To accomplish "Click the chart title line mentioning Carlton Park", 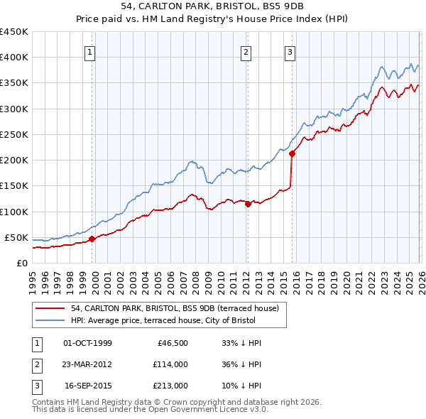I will pos(213,6).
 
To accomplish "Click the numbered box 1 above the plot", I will pos(92,51).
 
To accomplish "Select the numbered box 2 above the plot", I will pos(246,51).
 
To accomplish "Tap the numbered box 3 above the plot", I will pos(290,51).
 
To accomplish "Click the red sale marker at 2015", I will pos(292,153).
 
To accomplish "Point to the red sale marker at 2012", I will pos(248,204).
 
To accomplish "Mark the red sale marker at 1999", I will pos(92,239).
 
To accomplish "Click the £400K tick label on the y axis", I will pos(14,58).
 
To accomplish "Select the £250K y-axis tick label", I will pos(14,134).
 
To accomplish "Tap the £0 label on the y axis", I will pos(21,263).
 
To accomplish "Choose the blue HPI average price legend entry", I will pos(167,321).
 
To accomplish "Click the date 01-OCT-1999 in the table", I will pos(87,343).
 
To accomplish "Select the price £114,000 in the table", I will pos(170,364).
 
